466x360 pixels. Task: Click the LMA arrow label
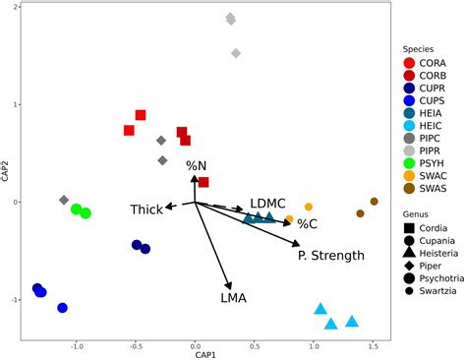point(234,297)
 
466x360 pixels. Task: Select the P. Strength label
point(330,256)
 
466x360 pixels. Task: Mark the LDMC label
point(267,202)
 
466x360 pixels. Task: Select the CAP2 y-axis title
point(7,171)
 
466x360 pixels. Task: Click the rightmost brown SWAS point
point(374,202)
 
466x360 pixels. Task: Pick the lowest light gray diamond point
point(236,53)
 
